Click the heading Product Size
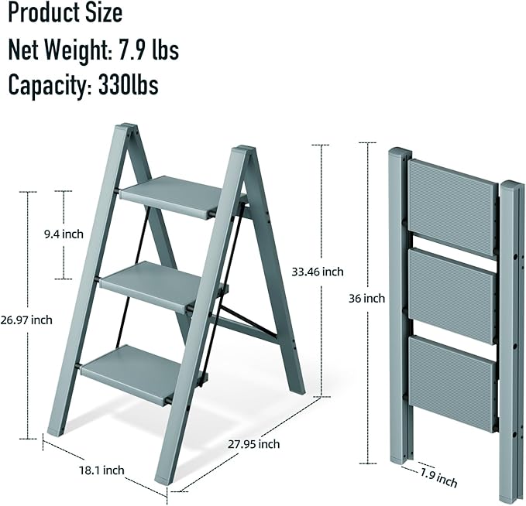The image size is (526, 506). click(65, 14)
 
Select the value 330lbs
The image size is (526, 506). click(128, 85)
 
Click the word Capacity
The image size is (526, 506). click(47, 85)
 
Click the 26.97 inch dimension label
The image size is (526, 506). click(26, 319)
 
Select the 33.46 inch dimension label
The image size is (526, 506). click(317, 272)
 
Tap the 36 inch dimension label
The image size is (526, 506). click(367, 298)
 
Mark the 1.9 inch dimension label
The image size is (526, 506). click(438, 477)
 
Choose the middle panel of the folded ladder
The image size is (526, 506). click(452, 295)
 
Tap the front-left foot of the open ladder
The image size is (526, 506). click(55, 427)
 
